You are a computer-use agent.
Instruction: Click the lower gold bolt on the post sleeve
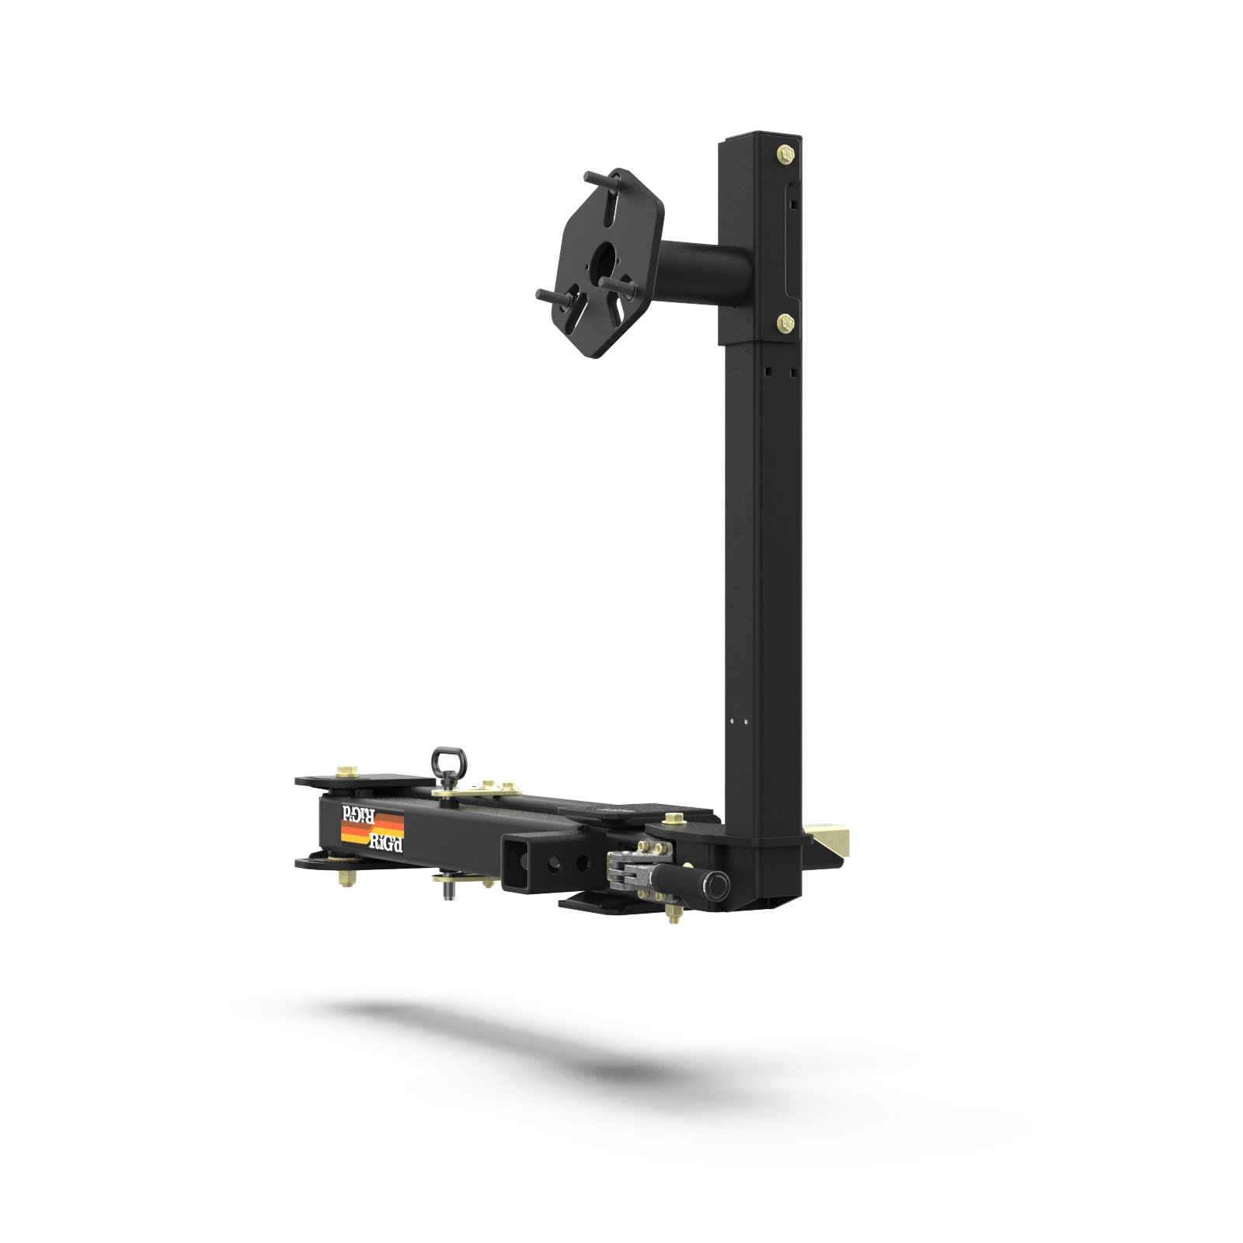[x=785, y=322]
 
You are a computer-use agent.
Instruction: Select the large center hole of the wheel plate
[x=603, y=260]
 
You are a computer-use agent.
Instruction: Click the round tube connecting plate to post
[x=707, y=272]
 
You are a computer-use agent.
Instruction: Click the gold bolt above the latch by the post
[x=673, y=819]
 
